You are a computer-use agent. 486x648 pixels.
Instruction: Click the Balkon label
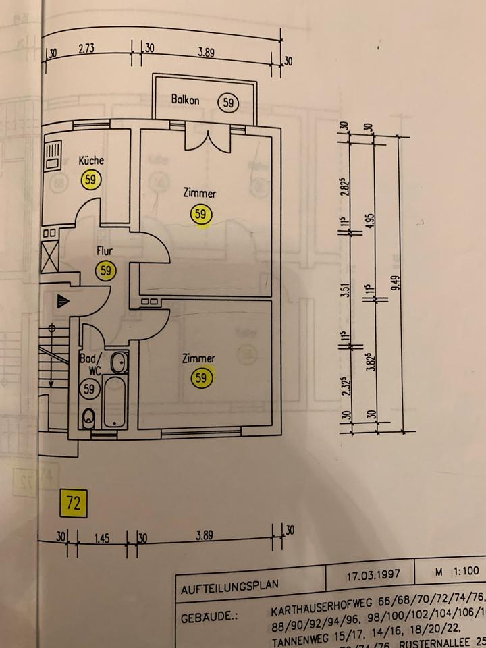[185, 100]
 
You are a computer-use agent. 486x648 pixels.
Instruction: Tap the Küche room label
[91, 161]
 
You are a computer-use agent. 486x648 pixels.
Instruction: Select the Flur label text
[104, 251]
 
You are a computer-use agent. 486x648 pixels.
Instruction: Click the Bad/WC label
[90, 364]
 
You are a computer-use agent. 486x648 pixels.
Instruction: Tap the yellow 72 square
[73, 503]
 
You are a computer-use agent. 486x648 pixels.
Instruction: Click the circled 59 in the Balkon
[229, 102]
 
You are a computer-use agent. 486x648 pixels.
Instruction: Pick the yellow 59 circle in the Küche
[90, 180]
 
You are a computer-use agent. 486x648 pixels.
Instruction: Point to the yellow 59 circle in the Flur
[105, 271]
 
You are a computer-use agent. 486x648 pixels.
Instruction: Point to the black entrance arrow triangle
[62, 301]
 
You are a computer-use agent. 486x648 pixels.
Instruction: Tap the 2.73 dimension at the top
[86, 49]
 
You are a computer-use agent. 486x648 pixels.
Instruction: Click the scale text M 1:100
[456, 572]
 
